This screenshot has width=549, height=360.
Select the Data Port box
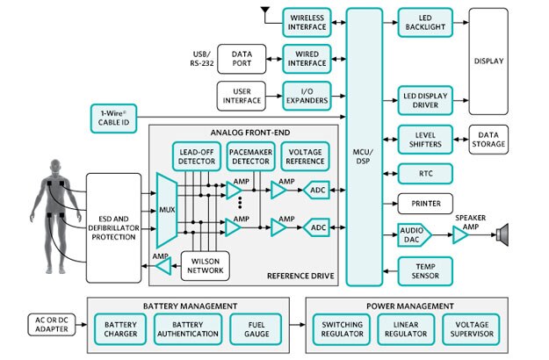(x=242, y=60)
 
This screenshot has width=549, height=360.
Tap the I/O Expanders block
(x=306, y=97)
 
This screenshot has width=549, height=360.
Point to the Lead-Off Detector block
(x=196, y=155)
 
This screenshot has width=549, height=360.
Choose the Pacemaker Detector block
(x=249, y=155)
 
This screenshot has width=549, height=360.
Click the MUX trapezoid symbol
(x=167, y=210)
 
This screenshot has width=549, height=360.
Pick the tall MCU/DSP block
(x=363, y=147)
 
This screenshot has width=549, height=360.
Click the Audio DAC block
(x=415, y=234)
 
